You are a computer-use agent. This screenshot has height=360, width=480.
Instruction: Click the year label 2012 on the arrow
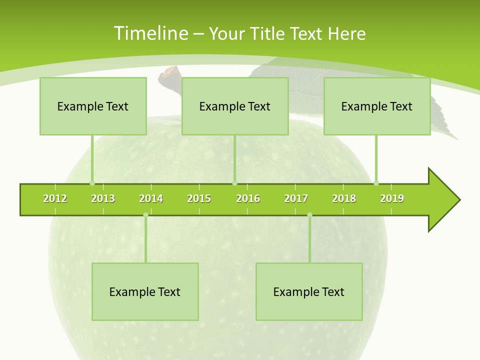click(55, 199)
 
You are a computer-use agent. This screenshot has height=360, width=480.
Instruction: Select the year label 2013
click(103, 199)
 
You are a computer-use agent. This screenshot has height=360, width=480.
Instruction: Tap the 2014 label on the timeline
click(151, 199)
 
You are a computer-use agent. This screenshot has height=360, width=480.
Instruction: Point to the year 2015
click(199, 199)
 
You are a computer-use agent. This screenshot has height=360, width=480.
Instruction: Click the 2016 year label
click(248, 199)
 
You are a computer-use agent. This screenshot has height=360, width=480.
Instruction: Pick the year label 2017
click(296, 199)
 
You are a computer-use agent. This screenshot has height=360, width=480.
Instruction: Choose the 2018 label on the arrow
click(344, 199)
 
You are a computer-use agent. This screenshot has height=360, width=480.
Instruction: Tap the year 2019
click(392, 199)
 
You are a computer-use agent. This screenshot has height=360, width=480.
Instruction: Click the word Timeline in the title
click(151, 33)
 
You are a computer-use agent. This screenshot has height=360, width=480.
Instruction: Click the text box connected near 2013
click(93, 106)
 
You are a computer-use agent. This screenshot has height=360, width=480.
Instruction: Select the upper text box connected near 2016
click(235, 106)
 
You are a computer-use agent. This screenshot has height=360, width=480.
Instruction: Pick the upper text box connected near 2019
click(377, 106)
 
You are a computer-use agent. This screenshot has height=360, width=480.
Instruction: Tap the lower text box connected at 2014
click(145, 292)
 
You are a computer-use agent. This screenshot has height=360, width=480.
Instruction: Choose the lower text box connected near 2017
click(309, 292)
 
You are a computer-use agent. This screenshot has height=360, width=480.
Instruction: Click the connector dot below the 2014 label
click(145, 215)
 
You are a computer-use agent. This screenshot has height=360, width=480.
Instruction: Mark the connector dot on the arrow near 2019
click(376, 183)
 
